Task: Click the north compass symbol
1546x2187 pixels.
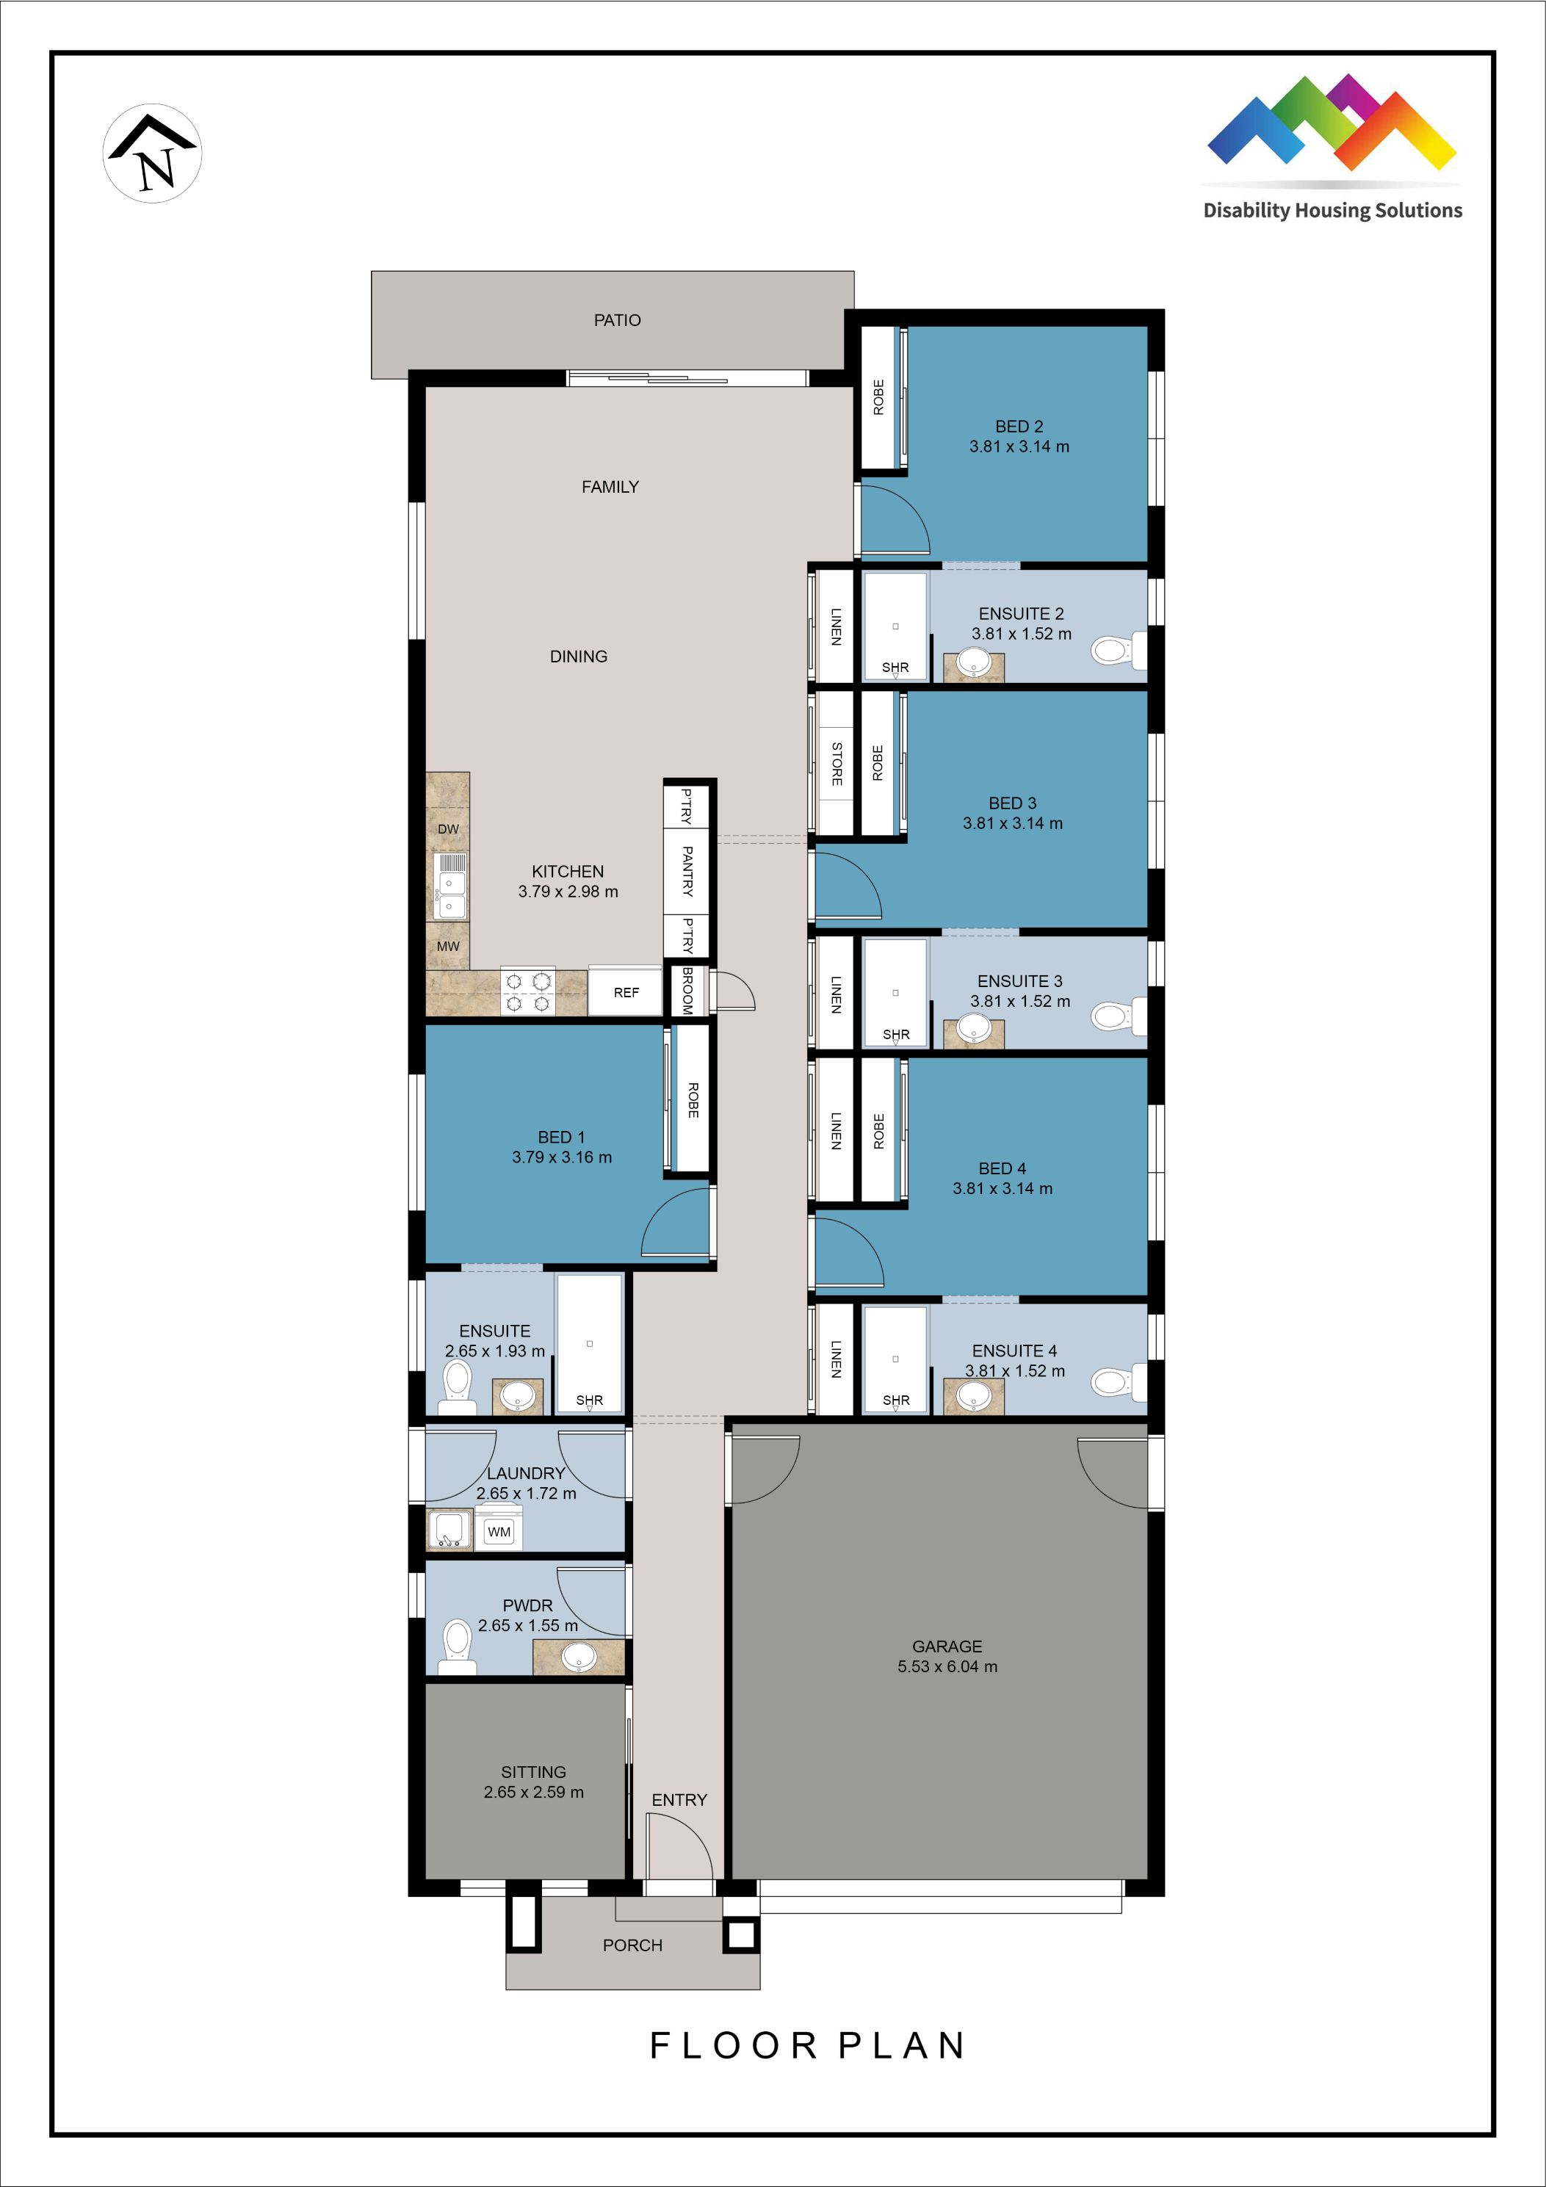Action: click(153, 153)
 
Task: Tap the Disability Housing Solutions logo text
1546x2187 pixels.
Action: click(1332, 211)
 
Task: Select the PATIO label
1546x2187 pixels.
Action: click(617, 320)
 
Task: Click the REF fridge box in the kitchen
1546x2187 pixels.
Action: click(626, 993)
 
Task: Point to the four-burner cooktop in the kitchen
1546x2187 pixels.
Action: click(528, 991)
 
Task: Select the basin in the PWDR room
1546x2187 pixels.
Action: click(578, 1658)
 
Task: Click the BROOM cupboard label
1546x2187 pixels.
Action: click(687, 991)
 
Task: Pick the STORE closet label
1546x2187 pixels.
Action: click(837, 763)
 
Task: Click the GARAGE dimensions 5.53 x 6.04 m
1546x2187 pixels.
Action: click(947, 1666)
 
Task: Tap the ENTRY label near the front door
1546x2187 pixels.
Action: click(679, 1799)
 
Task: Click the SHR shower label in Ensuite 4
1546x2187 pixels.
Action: click(895, 1400)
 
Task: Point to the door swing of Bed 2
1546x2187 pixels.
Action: click(895, 519)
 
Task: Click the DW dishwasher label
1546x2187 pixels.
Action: click(448, 828)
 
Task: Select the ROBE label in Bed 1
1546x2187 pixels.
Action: click(693, 1099)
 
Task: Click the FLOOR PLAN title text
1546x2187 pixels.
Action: click(808, 2045)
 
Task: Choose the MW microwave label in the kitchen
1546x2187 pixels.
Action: click(448, 946)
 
